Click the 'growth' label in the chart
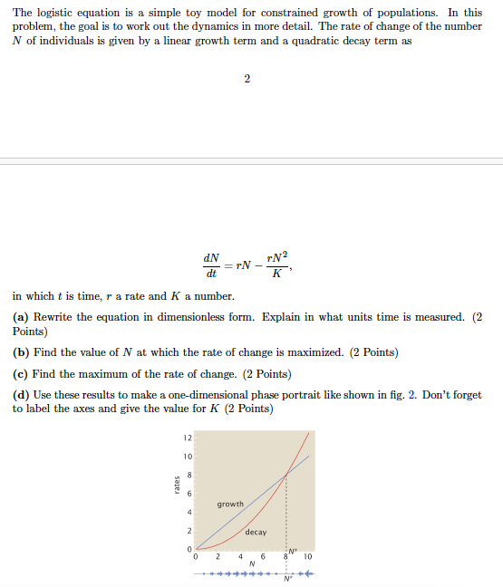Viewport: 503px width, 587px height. [x=230, y=504]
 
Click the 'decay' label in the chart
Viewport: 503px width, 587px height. [x=256, y=532]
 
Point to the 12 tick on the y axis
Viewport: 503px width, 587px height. [x=187, y=438]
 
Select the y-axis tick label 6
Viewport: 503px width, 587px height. [x=189, y=494]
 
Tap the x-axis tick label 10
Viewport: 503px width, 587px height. [x=308, y=556]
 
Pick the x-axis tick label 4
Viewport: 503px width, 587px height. [x=240, y=556]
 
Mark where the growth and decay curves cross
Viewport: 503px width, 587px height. [x=286, y=475]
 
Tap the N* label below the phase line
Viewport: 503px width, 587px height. [x=288, y=581]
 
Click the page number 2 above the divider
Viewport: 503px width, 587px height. [x=247, y=78]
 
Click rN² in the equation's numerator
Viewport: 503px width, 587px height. [x=276, y=256]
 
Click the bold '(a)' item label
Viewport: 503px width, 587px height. [x=23, y=317]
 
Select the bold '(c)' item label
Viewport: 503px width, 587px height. [x=22, y=373]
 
